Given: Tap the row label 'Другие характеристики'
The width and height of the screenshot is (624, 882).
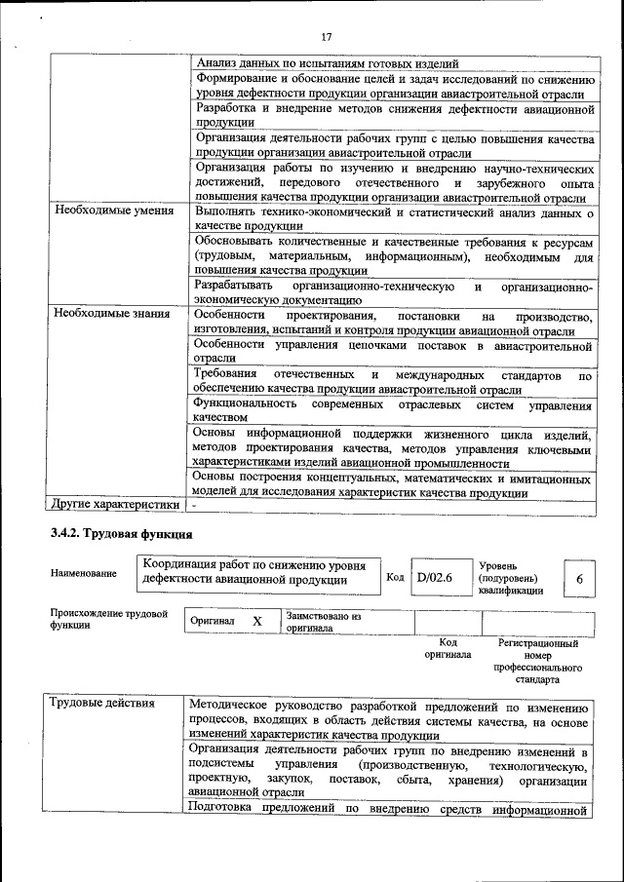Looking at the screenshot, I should click(114, 505).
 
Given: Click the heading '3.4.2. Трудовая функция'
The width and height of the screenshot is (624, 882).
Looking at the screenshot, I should click(122, 534).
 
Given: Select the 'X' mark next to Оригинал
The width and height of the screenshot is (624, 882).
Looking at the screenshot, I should click(257, 621).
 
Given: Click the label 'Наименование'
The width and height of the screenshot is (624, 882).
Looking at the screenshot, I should click(84, 573).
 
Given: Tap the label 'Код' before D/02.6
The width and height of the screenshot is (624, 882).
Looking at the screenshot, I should click(395, 577).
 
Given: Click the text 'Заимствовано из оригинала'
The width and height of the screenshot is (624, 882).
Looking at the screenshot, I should click(324, 622).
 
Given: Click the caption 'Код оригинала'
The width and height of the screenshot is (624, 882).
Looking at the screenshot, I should click(448, 649).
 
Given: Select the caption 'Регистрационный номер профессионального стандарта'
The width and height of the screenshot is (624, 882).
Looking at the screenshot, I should click(537, 663).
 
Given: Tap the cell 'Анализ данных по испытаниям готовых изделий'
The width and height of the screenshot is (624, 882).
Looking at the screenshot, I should click(321, 62).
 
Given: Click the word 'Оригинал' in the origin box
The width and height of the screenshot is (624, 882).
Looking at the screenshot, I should click(212, 621).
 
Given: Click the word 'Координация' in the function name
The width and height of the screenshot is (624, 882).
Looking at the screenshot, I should click(182, 565).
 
